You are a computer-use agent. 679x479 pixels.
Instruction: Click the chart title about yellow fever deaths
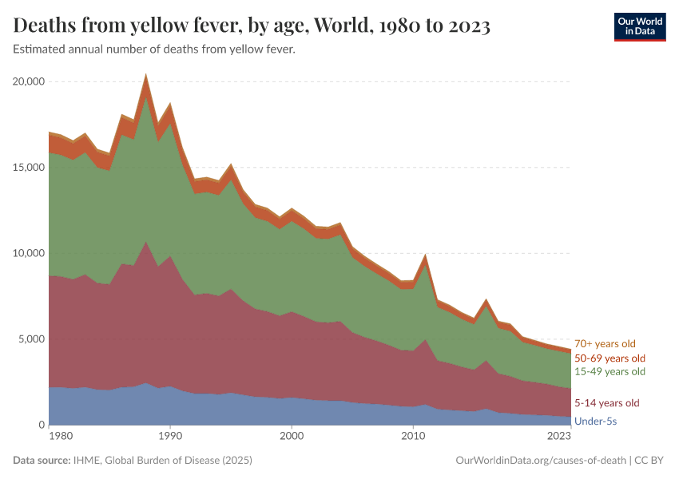[x=252, y=27]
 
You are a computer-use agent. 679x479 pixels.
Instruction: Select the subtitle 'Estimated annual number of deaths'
[x=154, y=50]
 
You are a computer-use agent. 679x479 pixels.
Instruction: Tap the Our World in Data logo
[x=639, y=26]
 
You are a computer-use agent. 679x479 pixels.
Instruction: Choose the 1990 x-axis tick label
[x=169, y=437]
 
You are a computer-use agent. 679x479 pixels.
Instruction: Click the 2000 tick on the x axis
[x=292, y=437]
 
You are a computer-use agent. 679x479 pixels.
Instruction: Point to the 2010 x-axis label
[x=413, y=437]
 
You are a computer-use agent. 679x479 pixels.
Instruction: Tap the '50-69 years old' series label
[x=610, y=358]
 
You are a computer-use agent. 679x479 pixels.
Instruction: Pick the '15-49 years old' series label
[x=610, y=372]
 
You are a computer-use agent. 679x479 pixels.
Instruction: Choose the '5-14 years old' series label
[x=607, y=402]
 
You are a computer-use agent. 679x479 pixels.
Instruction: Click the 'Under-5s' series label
[x=595, y=420]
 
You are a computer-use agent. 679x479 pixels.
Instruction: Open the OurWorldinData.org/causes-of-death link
[x=540, y=461]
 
